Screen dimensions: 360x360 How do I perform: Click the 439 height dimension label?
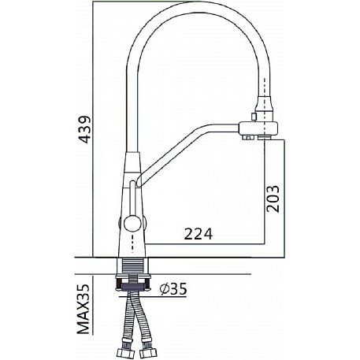coord(84,129)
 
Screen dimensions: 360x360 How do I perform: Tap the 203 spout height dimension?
coord(272,199)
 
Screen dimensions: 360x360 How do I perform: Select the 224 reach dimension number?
coord(198,234)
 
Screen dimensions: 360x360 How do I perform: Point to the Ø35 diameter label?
coord(173,289)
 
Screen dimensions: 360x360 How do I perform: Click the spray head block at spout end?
coord(258,129)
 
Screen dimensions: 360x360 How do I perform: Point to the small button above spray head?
coord(254,116)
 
